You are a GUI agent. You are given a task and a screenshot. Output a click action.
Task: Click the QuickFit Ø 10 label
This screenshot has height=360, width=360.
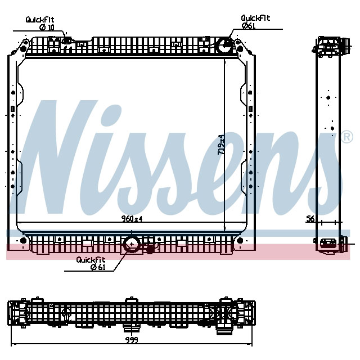[40, 23]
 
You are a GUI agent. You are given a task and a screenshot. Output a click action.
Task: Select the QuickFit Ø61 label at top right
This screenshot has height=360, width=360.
[255, 21]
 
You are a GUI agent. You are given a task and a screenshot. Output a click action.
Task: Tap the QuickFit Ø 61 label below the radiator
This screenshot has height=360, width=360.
[91, 263]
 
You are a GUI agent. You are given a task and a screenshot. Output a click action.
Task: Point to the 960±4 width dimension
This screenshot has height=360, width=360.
[132, 219]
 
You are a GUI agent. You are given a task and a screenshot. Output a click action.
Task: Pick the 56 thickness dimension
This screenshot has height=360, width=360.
[310, 219]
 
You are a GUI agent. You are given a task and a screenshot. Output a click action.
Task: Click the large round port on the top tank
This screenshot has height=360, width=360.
[225, 46]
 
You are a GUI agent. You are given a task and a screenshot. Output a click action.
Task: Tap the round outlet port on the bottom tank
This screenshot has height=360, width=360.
[132, 244]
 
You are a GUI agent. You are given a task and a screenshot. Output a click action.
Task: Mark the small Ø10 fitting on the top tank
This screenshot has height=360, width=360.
[67, 39]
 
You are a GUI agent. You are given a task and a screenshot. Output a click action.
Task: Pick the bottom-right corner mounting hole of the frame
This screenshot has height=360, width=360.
[240, 241]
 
